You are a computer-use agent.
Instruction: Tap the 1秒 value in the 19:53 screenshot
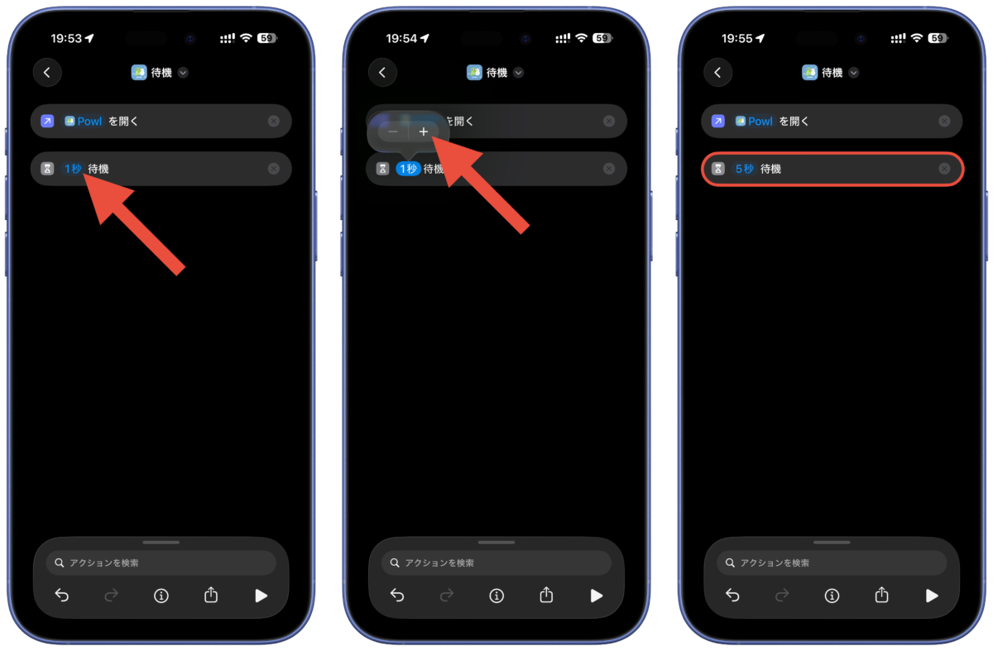tap(73, 169)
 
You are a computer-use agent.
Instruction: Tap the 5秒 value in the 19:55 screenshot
tap(744, 169)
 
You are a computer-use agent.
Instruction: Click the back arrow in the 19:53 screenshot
tap(47, 72)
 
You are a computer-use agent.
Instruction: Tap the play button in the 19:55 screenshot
tap(932, 596)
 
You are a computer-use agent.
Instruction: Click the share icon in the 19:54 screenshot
tap(546, 595)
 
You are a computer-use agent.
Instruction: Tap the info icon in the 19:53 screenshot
tap(161, 596)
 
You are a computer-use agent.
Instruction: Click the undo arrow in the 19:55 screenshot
tap(732, 595)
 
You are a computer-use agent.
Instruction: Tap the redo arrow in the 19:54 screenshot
tap(447, 595)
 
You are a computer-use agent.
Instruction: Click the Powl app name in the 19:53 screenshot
tap(89, 122)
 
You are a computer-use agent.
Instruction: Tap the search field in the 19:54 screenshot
tap(496, 562)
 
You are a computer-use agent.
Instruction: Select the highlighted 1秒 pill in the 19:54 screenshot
tap(408, 169)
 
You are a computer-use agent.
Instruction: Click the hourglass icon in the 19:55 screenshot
tap(718, 169)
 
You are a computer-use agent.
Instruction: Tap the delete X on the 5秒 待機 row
tap(944, 169)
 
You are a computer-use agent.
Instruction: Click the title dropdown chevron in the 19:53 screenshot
tap(183, 73)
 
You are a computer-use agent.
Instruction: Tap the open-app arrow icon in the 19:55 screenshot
tap(718, 121)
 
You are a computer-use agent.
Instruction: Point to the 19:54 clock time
tap(401, 39)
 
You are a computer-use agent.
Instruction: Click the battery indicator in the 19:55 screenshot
tap(937, 38)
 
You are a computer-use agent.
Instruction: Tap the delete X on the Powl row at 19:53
tap(274, 121)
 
